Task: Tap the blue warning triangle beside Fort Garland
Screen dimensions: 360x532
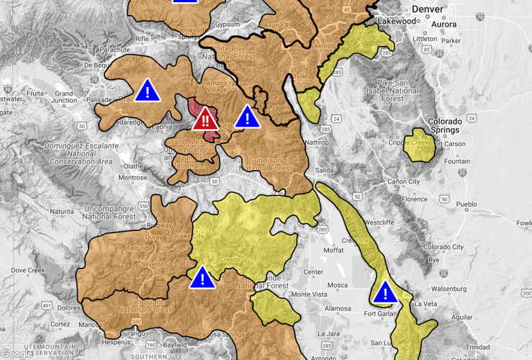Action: [x=386, y=292]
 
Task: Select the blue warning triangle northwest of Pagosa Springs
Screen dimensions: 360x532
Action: [x=203, y=277]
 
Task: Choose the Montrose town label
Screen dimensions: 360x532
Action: [x=132, y=177]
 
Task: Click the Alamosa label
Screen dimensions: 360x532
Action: [x=337, y=308]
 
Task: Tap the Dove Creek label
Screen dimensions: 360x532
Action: [x=28, y=270]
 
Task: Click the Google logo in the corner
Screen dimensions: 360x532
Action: [x=17, y=353]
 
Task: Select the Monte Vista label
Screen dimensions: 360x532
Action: [x=307, y=294]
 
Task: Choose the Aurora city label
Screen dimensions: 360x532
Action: [x=444, y=23]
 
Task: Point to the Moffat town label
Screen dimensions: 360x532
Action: [x=333, y=250]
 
